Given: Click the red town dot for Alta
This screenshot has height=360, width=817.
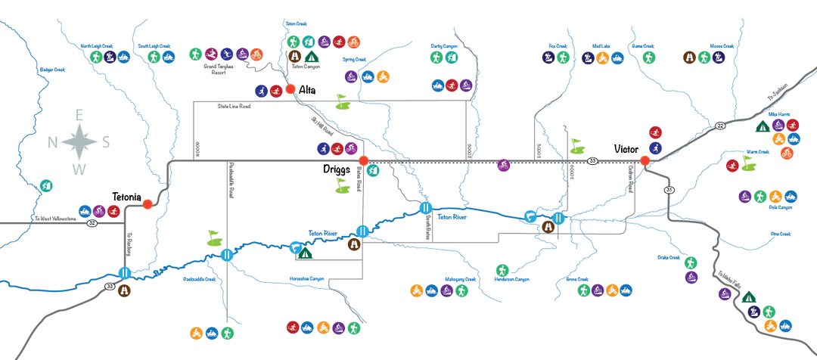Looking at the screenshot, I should coord(290,89).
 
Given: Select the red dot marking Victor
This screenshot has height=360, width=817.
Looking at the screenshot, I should coord(645,160).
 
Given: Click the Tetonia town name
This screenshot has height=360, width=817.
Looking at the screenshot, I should coord(126,197).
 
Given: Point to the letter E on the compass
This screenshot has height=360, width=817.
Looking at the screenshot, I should coord(79,114).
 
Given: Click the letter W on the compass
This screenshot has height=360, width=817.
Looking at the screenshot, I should coord(79,169).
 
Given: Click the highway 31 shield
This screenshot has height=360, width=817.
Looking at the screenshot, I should coord(669,189).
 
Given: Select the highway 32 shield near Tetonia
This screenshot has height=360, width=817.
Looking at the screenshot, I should coord(92,223).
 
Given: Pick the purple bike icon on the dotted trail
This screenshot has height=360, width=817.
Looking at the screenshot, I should coord(503,165).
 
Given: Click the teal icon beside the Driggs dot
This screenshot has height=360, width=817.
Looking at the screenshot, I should coord(372,171).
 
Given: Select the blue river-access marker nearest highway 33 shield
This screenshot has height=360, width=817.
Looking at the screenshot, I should coord(125,273).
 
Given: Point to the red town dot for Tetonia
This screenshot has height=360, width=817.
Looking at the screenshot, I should coord(148,203).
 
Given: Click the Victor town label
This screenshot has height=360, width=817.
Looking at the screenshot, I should coord(627,149).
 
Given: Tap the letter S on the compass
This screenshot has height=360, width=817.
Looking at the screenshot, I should coord(106,142).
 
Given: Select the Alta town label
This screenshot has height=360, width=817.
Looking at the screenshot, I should coord(307,90).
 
